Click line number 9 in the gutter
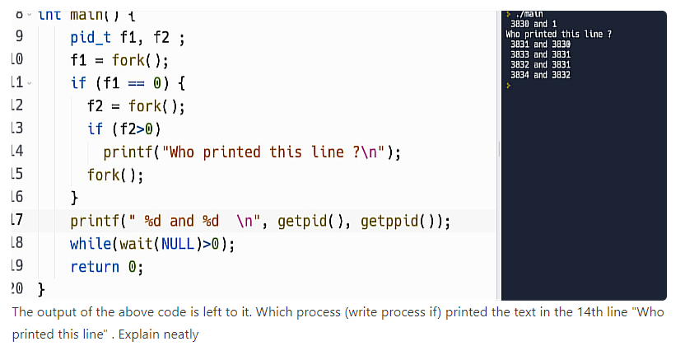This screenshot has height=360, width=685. point(17,38)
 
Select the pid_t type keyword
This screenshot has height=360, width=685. point(91,38)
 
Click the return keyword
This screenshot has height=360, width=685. point(95,267)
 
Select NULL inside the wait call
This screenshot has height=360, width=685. point(179,244)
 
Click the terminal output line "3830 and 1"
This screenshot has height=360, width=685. point(534,24)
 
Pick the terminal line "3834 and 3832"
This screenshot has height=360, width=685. point(540,75)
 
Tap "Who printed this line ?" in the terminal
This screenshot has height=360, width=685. point(557,34)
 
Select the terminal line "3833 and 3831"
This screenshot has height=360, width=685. point(540,54)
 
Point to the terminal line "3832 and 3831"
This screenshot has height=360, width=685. point(540,64)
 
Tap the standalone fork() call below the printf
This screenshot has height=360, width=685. point(115,175)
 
